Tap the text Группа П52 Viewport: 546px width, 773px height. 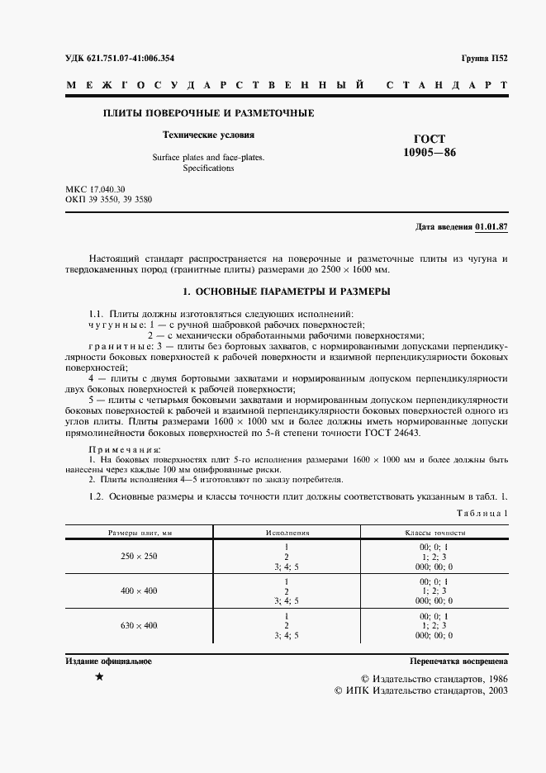tap(483, 58)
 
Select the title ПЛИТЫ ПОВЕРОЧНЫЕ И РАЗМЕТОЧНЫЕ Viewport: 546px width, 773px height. tap(207, 112)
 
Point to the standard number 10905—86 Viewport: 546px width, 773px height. tap(429, 153)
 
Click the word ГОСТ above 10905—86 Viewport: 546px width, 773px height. tap(429, 139)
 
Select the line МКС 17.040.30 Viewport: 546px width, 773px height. tap(95, 190)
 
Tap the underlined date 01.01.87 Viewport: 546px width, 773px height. tap(491, 226)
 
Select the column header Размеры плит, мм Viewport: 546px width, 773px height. tap(139, 534)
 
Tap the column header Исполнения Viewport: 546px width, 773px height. tap(286, 534)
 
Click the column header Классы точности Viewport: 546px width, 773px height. tap(434, 534)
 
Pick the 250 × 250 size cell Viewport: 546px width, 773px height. tap(139, 557)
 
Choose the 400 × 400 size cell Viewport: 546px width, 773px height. tap(139, 591)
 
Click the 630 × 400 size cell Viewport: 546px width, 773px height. tap(139, 625)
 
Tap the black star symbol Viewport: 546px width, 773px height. tap(99, 678)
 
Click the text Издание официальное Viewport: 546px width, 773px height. tap(108, 662)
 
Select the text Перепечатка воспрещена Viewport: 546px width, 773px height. tap(458, 662)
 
